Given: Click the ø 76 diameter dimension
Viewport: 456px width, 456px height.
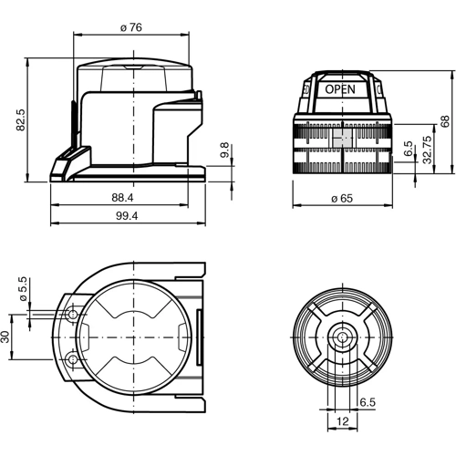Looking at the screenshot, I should coord(130,27).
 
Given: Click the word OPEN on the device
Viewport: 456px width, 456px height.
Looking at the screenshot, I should coord(340,89).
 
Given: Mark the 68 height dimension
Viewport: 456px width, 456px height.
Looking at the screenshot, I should coord(444,121).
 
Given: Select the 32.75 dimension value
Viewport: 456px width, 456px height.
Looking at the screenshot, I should coord(426,150).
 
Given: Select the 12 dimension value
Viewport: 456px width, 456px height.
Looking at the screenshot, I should coord(342,422).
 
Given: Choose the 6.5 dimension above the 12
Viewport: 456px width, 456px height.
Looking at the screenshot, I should coord(367,402).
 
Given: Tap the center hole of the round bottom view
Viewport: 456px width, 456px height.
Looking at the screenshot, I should coord(342,337).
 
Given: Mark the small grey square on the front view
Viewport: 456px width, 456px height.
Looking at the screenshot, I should coord(341,137).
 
